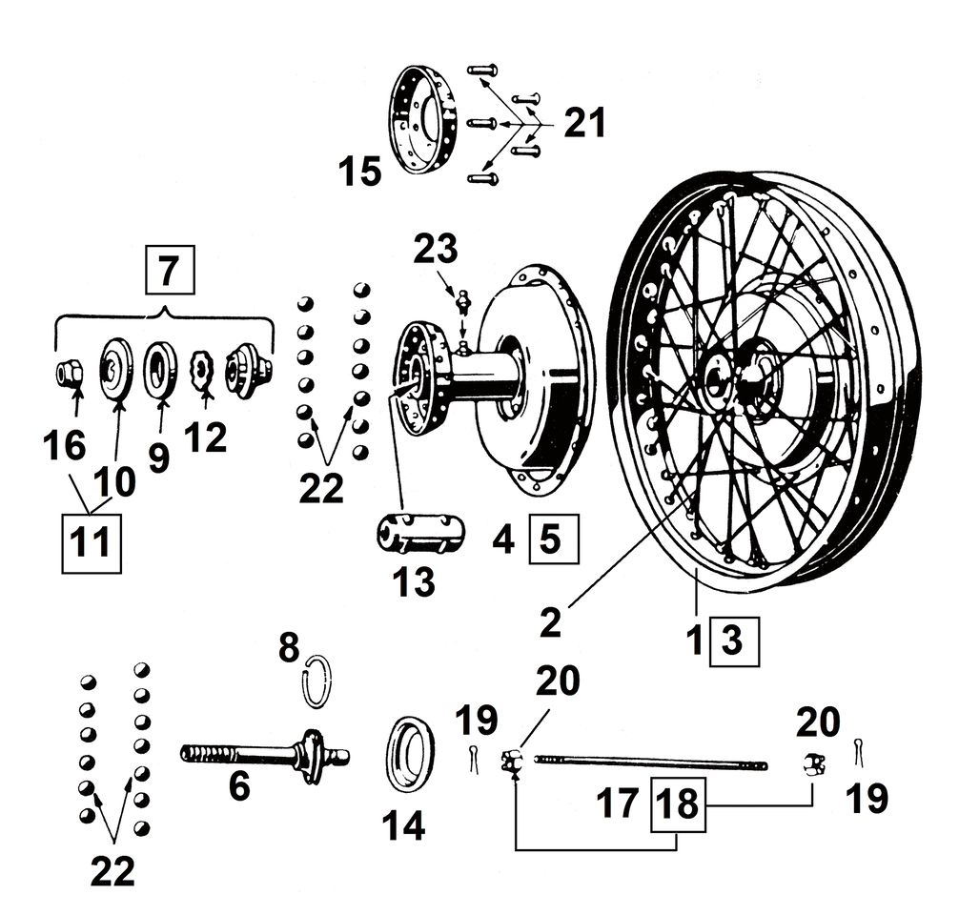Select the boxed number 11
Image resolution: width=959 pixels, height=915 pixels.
[x=92, y=543]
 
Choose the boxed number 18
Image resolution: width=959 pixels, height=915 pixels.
[x=679, y=803]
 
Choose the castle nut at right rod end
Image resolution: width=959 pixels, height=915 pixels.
[x=812, y=762]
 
